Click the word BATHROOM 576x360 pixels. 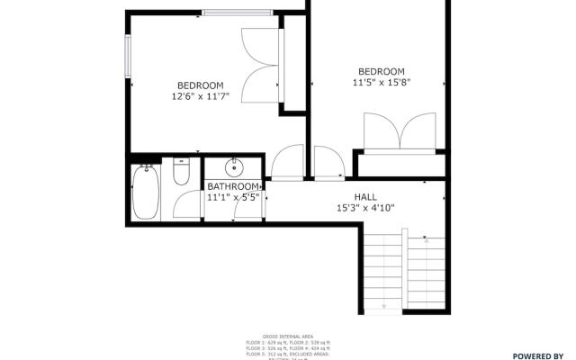232,187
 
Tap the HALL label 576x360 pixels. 365,196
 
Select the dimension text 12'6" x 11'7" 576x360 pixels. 207,95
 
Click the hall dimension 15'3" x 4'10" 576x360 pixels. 365,208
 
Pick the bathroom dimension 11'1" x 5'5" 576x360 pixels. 233,197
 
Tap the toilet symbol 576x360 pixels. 181,171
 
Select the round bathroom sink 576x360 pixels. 234,166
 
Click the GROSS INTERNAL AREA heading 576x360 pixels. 288,334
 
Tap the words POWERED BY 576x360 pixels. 538,355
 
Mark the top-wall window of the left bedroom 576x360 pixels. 238,12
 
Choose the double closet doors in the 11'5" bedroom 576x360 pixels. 400,131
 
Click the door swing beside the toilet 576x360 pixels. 186,204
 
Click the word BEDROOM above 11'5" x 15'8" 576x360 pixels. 382,72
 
